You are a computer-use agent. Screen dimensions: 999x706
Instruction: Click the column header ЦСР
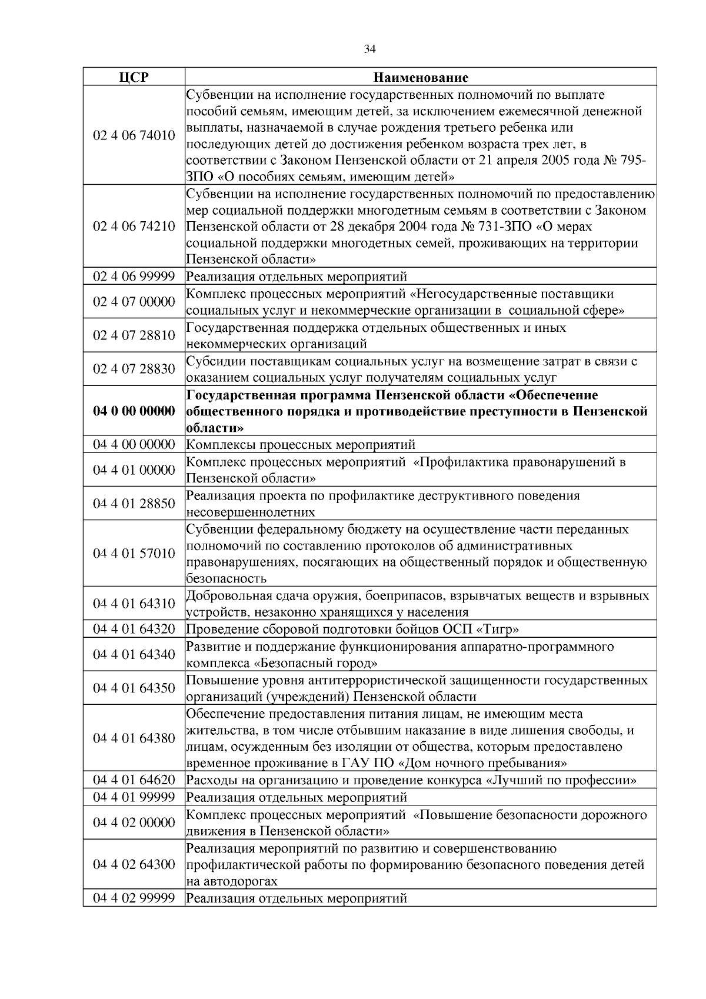coord(134,77)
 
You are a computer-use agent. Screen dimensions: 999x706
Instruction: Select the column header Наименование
coord(421,77)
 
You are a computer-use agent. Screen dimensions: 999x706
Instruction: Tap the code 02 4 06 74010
coord(134,135)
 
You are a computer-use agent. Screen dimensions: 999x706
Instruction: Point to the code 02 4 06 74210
coord(134,227)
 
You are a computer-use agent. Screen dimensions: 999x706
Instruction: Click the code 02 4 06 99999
coord(134,276)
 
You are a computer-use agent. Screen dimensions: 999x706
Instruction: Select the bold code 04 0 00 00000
coord(134,411)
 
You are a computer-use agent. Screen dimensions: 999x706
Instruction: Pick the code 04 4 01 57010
coord(134,553)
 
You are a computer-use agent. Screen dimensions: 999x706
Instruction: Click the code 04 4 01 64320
coord(134,629)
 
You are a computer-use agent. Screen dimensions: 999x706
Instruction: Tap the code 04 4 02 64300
coord(134,864)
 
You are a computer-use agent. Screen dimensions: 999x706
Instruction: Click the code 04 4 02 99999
coord(134,898)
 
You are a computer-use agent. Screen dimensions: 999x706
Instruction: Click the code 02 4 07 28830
coord(134,369)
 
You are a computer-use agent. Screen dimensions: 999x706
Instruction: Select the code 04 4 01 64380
coord(134,738)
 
